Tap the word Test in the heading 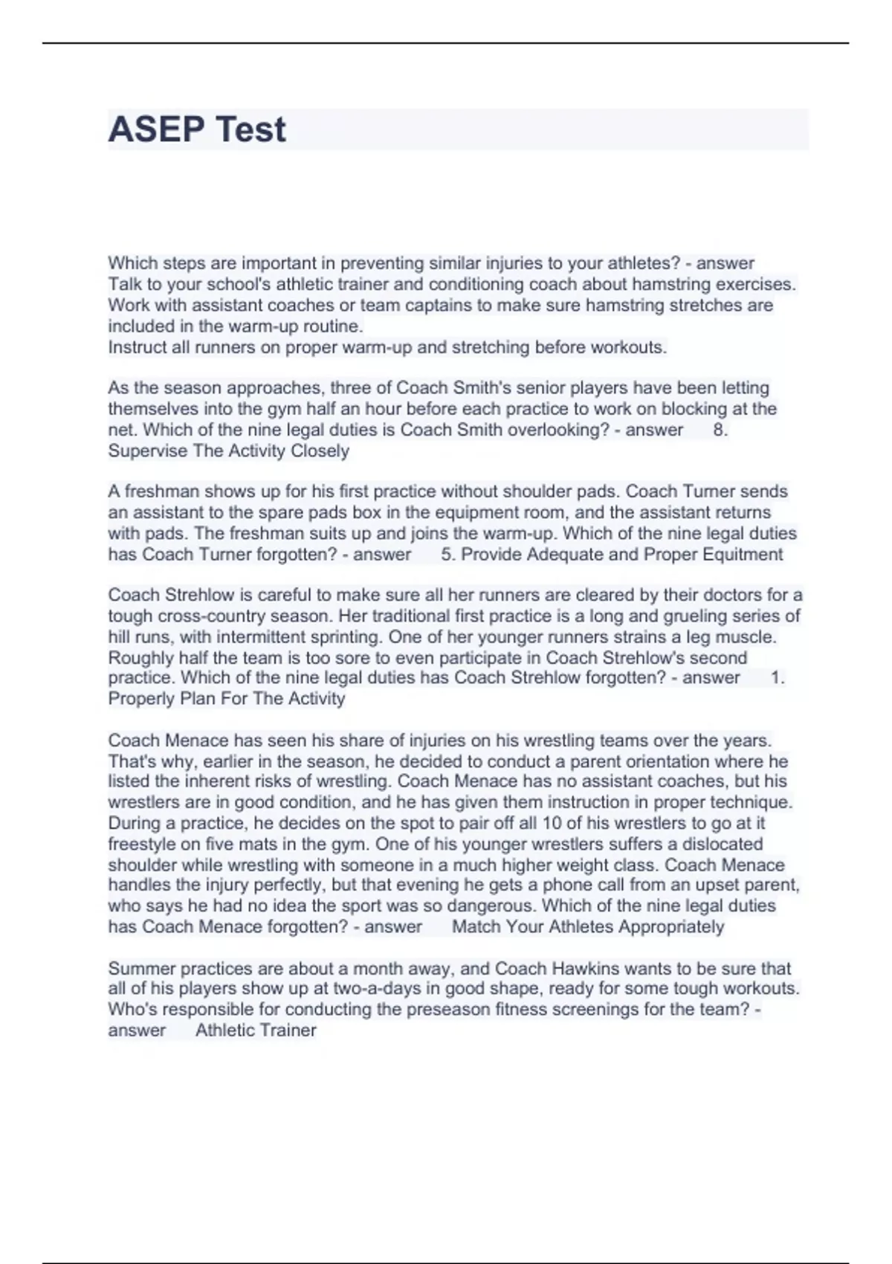[250, 129]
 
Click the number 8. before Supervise [720, 430]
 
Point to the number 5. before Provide [447, 554]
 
